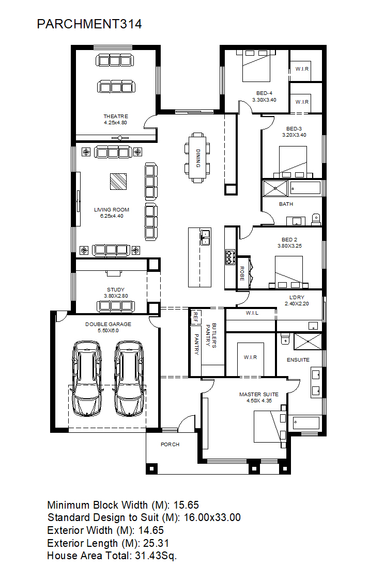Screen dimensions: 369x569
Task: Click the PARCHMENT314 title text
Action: coord(89,24)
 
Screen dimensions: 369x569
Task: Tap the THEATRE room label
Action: coord(116,116)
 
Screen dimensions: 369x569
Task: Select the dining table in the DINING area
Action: coord(197,158)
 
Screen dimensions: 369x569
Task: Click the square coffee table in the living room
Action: coord(118,182)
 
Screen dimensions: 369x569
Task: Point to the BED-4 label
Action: coord(264,93)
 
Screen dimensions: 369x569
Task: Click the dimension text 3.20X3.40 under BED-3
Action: coord(294,135)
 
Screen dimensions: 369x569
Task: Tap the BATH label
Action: coord(286,204)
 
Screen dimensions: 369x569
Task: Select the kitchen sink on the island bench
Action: coord(205,237)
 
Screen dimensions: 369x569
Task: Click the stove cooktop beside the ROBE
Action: coord(230,257)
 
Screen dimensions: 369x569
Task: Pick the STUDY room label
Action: coord(116,289)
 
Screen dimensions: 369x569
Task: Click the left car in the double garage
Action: coord(87,378)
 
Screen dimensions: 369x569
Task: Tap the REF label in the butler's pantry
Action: coord(195,317)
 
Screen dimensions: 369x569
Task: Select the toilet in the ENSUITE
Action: coord(285,338)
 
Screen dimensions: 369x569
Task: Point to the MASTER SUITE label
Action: coord(259,394)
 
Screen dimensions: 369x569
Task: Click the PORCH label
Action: coord(170,444)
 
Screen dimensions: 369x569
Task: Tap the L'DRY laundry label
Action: coord(297,297)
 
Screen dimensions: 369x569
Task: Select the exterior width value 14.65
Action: coord(151,530)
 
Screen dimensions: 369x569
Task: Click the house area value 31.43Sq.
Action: coord(156,556)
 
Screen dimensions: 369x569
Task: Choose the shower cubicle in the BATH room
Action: coord(275,188)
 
